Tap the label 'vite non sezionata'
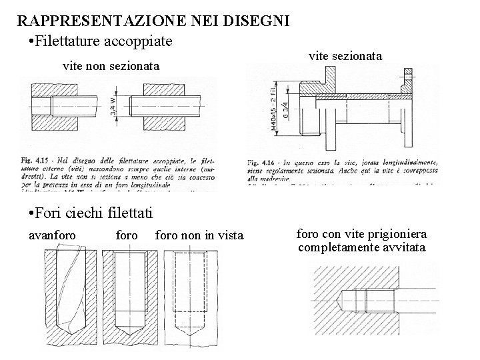[111, 67]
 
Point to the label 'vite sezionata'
[346, 57]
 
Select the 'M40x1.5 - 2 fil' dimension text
[274, 109]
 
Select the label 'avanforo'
[53, 235]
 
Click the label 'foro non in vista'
[199, 235]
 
